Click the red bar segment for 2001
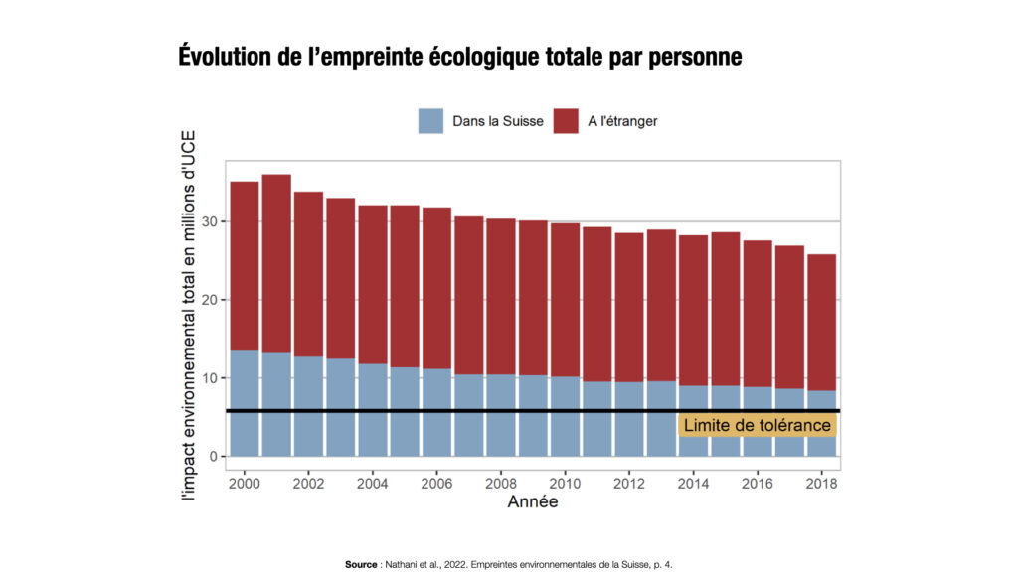(x=276, y=263)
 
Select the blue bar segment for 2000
(x=245, y=402)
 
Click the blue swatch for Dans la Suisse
(x=430, y=121)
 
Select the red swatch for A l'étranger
(x=566, y=121)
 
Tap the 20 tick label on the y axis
(x=211, y=300)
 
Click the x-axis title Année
(x=533, y=502)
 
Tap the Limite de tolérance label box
(x=757, y=425)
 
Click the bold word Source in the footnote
(x=361, y=564)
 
